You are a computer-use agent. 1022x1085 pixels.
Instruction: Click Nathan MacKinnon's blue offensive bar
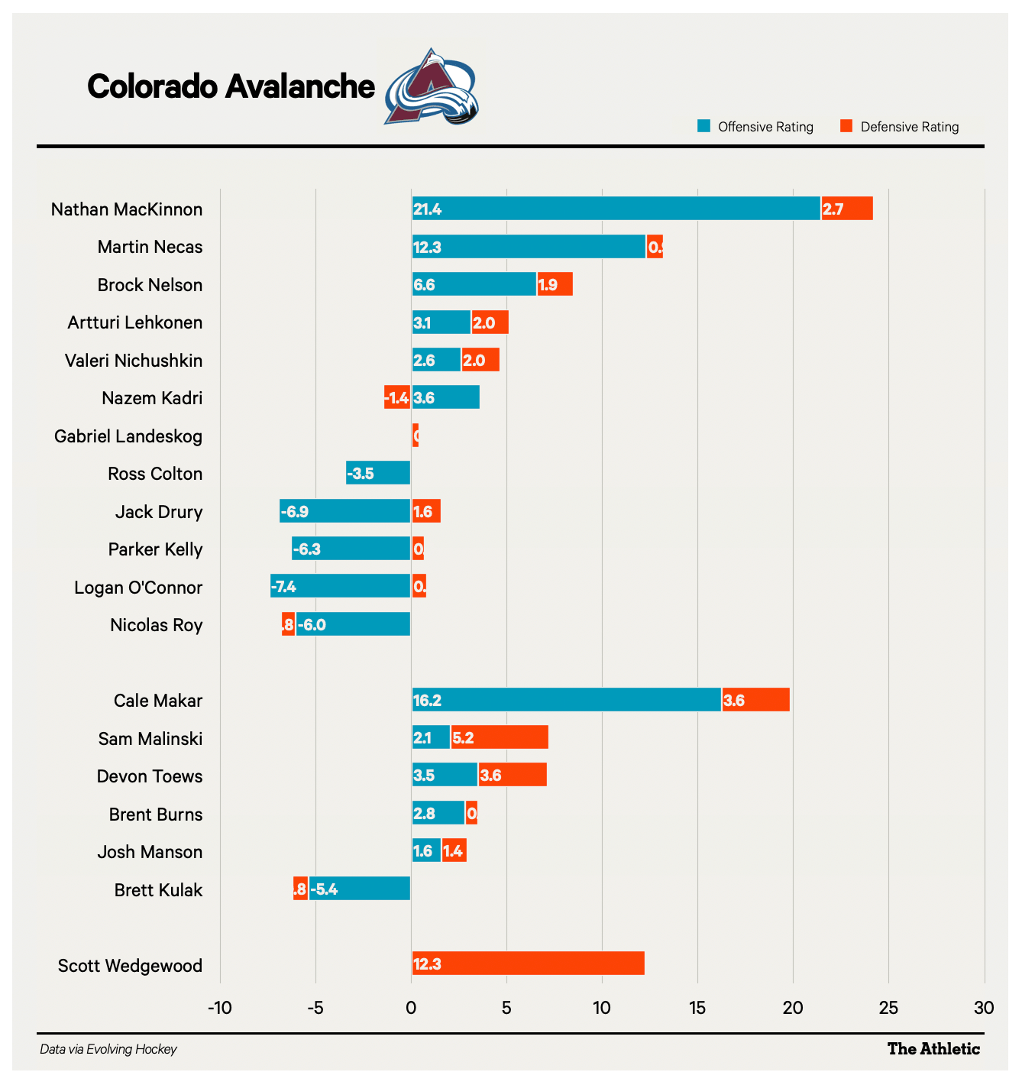(x=616, y=209)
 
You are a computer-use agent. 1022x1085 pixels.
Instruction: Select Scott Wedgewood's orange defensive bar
(x=528, y=964)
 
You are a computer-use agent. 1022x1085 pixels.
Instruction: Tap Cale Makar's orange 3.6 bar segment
(x=755, y=700)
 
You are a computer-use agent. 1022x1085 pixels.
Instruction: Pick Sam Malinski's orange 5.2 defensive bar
(x=500, y=738)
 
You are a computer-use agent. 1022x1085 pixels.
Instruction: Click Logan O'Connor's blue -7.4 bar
(x=340, y=587)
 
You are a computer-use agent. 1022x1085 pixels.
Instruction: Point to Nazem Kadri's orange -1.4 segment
(x=397, y=397)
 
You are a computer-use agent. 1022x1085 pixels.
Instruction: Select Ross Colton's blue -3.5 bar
(x=378, y=473)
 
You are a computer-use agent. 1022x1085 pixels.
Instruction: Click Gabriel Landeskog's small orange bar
(x=416, y=436)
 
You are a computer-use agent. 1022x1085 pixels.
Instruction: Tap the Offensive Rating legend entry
(x=755, y=127)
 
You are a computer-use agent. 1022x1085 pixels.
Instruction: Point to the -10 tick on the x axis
(x=220, y=1008)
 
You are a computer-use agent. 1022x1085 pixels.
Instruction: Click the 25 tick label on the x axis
(x=888, y=1008)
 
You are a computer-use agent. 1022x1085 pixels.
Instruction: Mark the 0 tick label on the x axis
(x=411, y=1008)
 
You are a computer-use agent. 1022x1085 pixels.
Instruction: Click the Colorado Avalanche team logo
(x=432, y=87)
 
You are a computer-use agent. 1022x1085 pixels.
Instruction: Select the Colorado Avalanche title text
(x=231, y=87)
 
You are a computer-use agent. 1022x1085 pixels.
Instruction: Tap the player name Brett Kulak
(x=158, y=890)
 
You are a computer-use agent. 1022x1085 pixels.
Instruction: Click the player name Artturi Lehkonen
(x=135, y=322)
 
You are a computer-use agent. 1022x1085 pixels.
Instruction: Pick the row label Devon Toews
(x=150, y=776)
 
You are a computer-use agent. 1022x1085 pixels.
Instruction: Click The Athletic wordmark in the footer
(x=933, y=1049)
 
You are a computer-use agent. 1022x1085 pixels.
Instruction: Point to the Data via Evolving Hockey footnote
(x=108, y=1049)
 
